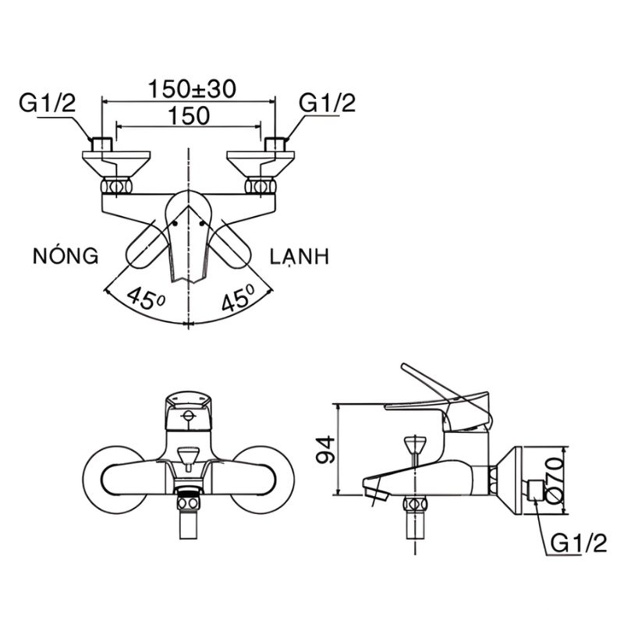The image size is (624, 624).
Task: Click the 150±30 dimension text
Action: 192,89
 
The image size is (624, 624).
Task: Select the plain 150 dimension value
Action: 189,115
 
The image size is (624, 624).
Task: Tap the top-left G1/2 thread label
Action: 47,103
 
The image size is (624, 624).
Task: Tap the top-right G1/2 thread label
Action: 327,103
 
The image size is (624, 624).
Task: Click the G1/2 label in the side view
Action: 579,542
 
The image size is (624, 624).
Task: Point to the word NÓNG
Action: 66,256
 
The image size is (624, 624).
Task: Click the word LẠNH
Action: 300,257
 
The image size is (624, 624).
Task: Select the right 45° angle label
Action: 238,298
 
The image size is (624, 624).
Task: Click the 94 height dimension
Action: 325,450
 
